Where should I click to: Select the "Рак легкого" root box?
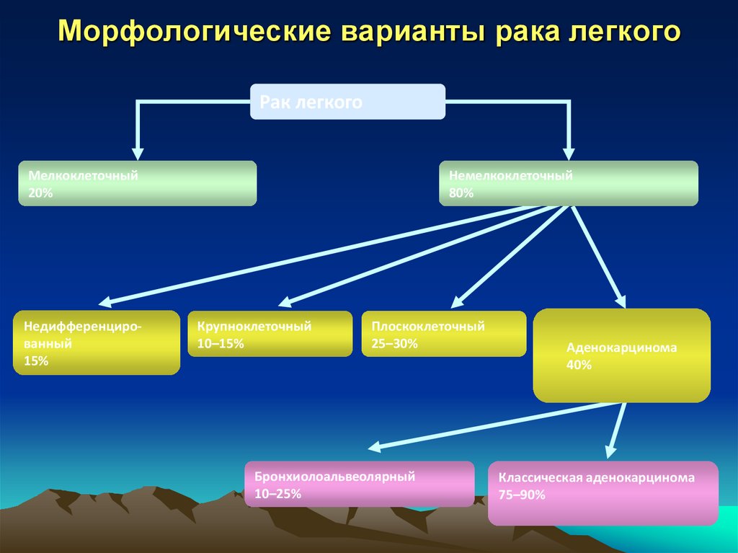pyautogui.click(x=347, y=102)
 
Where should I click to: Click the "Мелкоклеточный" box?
pyautogui.click(x=137, y=183)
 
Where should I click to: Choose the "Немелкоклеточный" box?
pyautogui.click(x=568, y=183)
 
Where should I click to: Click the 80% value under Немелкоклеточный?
pyautogui.click(x=461, y=193)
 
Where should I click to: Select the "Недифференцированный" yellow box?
pyautogui.click(x=96, y=342)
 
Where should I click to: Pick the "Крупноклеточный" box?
pyautogui.click(x=270, y=334)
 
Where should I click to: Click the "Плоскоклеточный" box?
pyautogui.click(x=443, y=334)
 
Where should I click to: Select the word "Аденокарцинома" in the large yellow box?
pyautogui.click(x=621, y=348)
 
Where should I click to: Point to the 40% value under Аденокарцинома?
pyautogui.click(x=579, y=365)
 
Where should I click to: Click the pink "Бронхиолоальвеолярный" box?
pyautogui.click(x=359, y=484)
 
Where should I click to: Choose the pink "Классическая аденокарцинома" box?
pyautogui.click(x=603, y=493)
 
